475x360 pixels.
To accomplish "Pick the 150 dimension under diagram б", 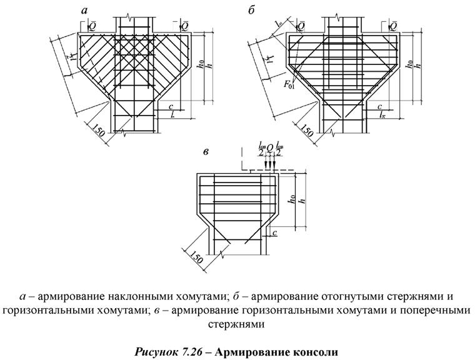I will tap(306, 131).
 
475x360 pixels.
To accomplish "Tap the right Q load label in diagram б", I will tap(394, 26).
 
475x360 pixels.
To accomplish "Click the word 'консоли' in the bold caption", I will tap(316, 352).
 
